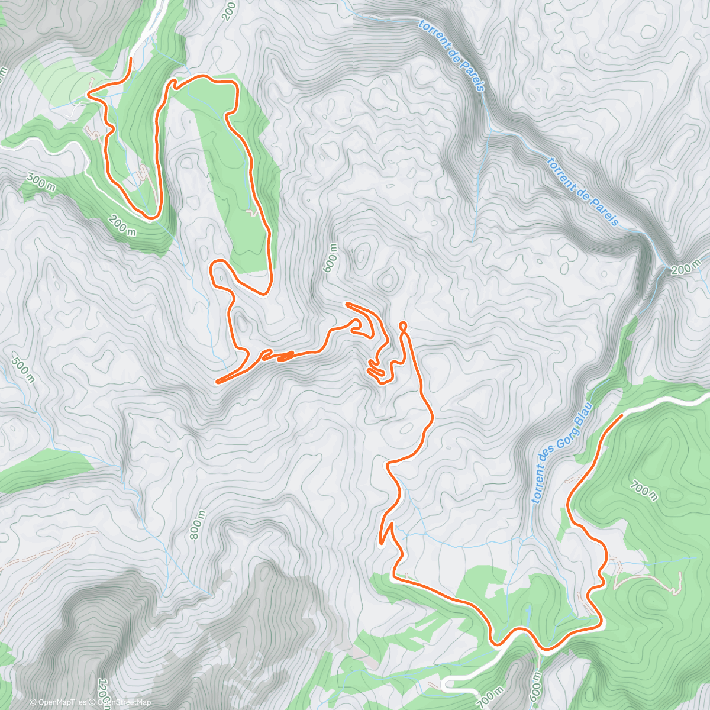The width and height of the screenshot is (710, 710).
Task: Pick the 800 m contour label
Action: point(198,525)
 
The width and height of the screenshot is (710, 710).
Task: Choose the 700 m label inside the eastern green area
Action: point(644,491)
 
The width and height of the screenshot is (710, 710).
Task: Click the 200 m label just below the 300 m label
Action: point(122,225)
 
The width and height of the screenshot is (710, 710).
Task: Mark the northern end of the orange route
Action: point(130,58)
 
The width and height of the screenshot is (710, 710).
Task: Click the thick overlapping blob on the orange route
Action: point(285,356)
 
